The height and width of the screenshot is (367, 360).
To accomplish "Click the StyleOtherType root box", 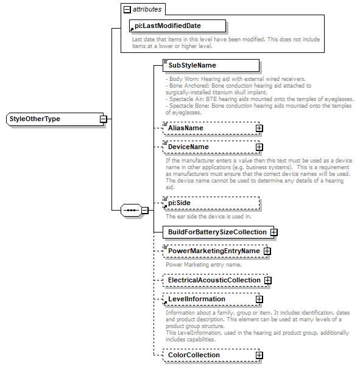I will [x=52, y=119].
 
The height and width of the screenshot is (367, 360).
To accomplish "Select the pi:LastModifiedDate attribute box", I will [x=177, y=26].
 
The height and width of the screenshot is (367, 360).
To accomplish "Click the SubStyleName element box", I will [x=211, y=65].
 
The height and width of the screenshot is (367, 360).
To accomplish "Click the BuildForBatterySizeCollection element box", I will [x=216, y=232].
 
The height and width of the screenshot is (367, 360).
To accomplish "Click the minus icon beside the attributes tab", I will [x=127, y=10].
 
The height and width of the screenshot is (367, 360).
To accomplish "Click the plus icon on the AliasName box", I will [x=259, y=128].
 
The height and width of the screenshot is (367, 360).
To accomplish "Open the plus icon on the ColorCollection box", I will [x=259, y=355].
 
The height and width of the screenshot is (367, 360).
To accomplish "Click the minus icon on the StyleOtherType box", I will [x=104, y=119].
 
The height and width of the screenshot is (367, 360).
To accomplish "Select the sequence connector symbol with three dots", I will [x=131, y=210].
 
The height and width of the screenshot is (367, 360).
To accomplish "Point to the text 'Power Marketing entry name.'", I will [x=203, y=265].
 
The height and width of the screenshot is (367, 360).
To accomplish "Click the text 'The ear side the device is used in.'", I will [x=208, y=216].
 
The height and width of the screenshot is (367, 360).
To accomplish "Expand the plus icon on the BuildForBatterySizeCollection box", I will [x=274, y=232].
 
